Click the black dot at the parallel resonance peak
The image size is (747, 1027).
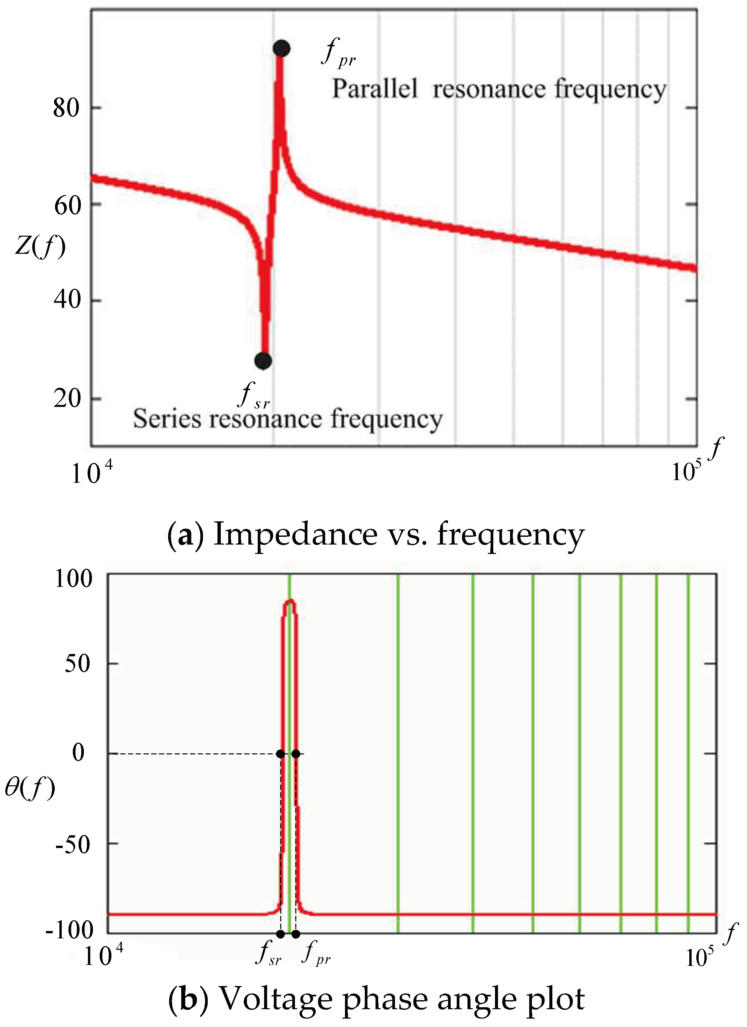coord(281,48)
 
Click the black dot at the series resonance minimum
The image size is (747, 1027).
coord(263,361)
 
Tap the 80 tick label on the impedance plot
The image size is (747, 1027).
coord(66,108)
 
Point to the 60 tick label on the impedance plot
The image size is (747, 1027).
coord(67,205)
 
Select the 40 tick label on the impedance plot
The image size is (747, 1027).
coord(66,299)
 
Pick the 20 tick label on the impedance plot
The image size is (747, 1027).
coord(66,399)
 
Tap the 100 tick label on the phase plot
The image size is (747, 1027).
coord(73,579)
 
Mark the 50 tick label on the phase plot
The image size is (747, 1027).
coord(78,664)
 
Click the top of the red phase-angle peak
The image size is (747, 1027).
coord(290,601)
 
